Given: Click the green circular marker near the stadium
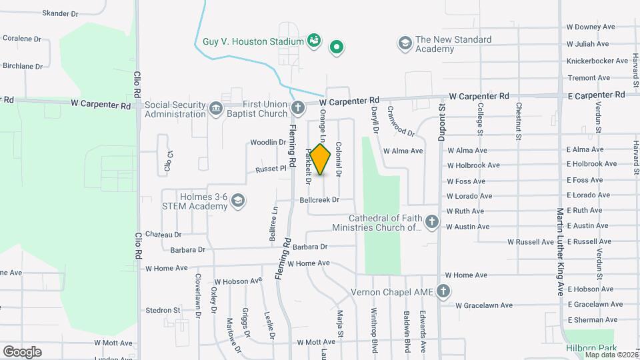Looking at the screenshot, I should [337, 47].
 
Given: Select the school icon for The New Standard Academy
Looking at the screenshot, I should [404, 44].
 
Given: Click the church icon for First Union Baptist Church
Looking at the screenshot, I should [298, 107].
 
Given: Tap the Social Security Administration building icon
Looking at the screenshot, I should [215, 109].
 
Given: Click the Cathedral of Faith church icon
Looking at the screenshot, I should [432, 222].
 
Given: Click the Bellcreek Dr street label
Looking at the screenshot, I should [320, 199].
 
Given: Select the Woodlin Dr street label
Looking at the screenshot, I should [268, 142].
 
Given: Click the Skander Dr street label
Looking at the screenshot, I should [60, 13].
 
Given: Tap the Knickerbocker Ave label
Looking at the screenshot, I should [597, 61].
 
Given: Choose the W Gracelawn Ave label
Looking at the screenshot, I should [484, 305].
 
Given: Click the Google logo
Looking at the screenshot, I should [22, 351].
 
